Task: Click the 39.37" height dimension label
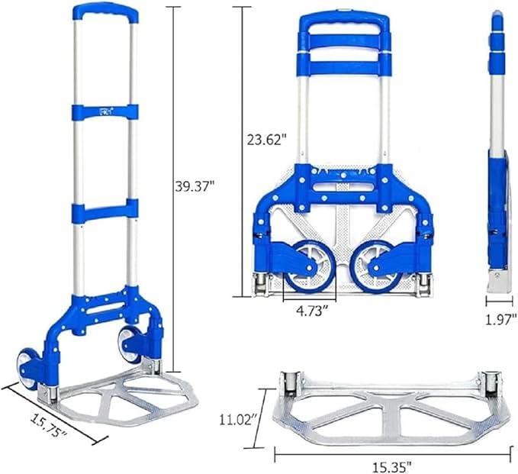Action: pos(195,187)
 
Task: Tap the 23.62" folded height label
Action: pos(267,140)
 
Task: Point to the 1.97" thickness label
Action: pos(500,319)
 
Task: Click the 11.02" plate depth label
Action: pos(239,420)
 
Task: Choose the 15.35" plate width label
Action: pos(392,466)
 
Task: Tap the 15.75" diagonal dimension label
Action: pos(49,424)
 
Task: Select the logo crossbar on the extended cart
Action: pos(105,111)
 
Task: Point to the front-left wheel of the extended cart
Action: pos(27,369)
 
